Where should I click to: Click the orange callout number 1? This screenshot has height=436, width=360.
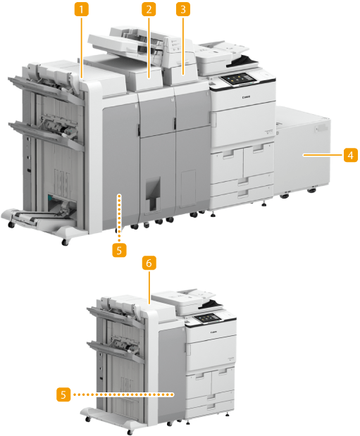tap(81, 9)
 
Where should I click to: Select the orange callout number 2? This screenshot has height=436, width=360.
tap(149, 9)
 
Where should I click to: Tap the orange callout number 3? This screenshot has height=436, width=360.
tap(183, 9)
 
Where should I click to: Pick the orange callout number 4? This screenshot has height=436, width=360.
tap(351, 155)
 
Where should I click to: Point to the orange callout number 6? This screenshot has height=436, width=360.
tap(149, 263)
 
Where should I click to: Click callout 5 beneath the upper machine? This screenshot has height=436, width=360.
tap(119, 250)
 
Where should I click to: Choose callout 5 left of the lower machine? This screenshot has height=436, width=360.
tap(63, 394)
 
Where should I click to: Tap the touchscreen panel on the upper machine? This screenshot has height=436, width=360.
tap(238, 79)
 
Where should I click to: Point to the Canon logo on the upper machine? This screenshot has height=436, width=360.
tap(246, 97)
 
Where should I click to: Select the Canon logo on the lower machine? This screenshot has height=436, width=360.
tap(213, 332)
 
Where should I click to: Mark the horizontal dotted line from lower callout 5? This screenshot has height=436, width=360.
tap(124, 394)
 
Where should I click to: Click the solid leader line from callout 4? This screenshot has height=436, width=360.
tap(323, 155)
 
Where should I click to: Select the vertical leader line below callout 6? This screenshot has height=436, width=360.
tap(149, 287)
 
